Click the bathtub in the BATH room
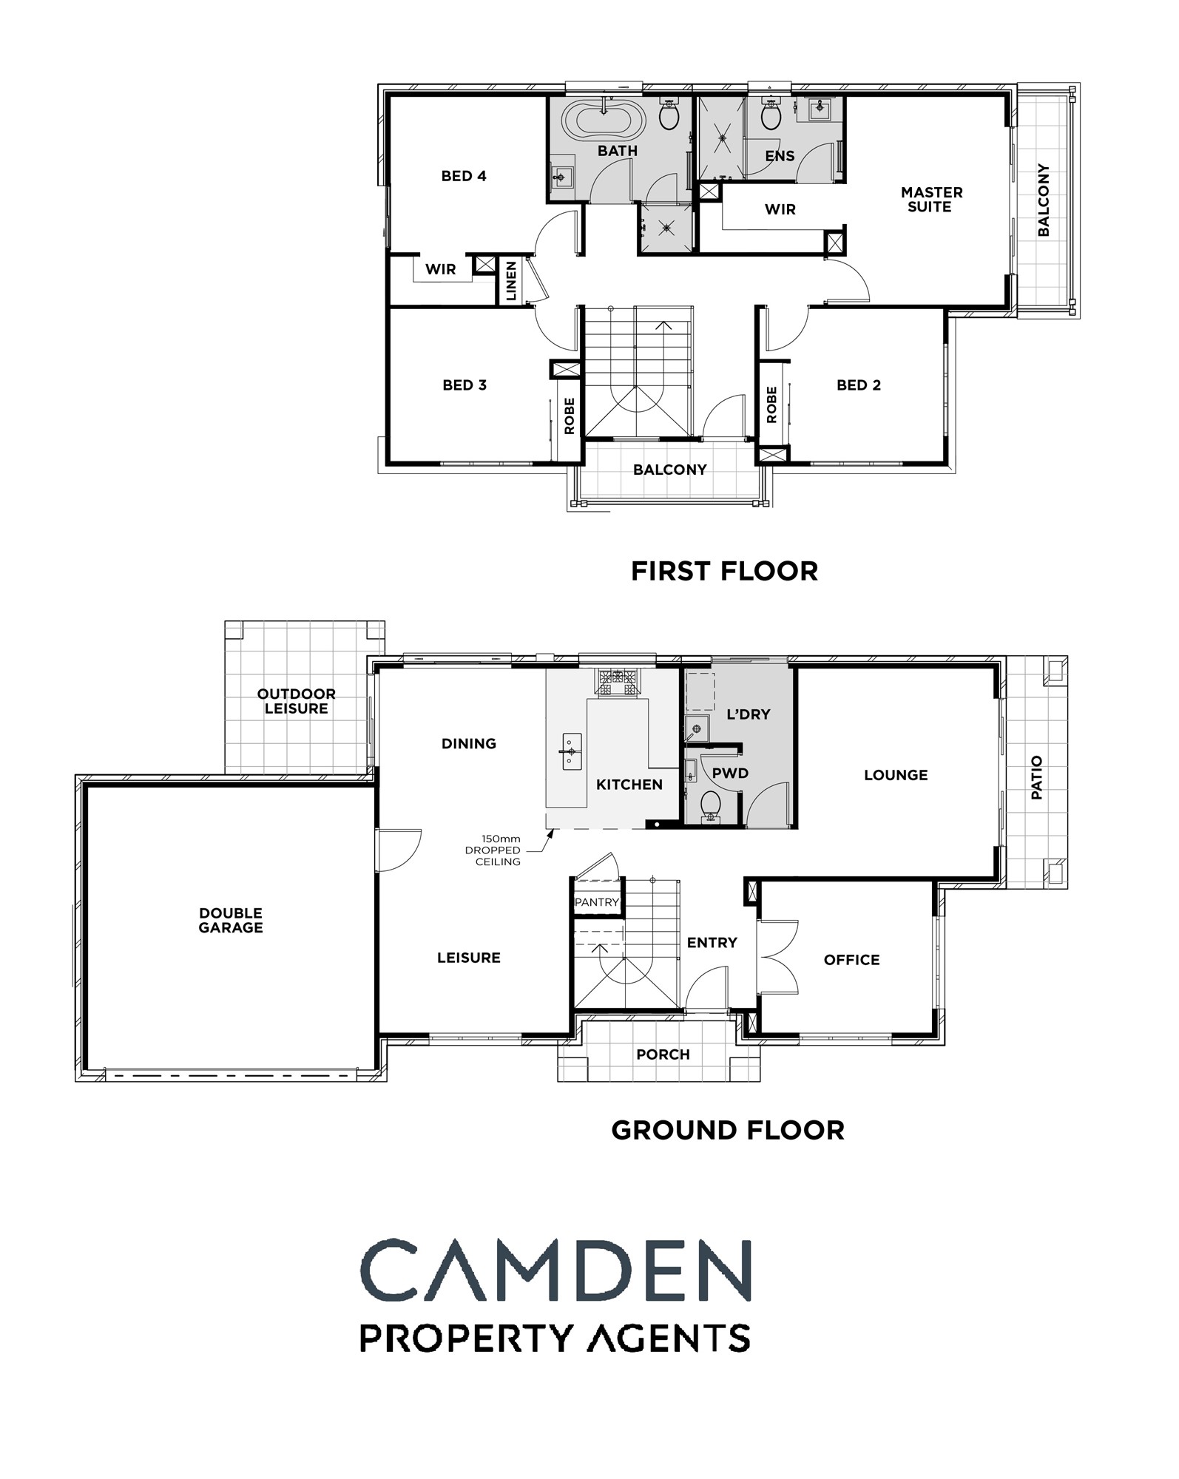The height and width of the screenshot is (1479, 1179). pyautogui.click(x=604, y=119)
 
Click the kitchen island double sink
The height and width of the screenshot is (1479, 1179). pyautogui.click(x=572, y=751)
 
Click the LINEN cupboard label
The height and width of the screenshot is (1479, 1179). pyautogui.click(x=511, y=281)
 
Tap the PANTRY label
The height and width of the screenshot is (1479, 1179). pyautogui.click(x=597, y=902)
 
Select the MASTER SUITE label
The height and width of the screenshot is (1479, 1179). pyautogui.click(x=931, y=200)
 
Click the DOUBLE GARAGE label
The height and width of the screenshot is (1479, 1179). pyautogui.click(x=231, y=921)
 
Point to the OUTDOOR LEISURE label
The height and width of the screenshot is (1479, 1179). pyautogui.click(x=297, y=701)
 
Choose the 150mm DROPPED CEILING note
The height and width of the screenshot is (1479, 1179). pyautogui.click(x=493, y=850)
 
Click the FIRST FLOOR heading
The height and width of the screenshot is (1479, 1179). pyautogui.click(x=725, y=571)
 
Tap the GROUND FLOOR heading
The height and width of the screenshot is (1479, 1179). pyautogui.click(x=728, y=1130)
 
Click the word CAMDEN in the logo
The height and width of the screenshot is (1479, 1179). pyautogui.click(x=555, y=1271)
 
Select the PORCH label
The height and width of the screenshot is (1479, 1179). pyautogui.click(x=663, y=1055)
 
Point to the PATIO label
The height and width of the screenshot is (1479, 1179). pyautogui.click(x=1037, y=777)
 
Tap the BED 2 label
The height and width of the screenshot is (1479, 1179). pyautogui.click(x=859, y=385)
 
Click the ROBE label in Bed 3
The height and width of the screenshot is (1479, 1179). pyautogui.click(x=570, y=416)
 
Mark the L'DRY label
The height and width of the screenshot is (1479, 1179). pyautogui.click(x=749, y=714)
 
